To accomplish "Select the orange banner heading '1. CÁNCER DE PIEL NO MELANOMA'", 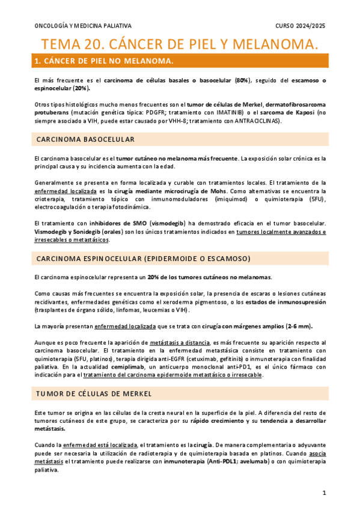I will pos(105,61).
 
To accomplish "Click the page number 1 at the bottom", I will pos(323,493).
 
